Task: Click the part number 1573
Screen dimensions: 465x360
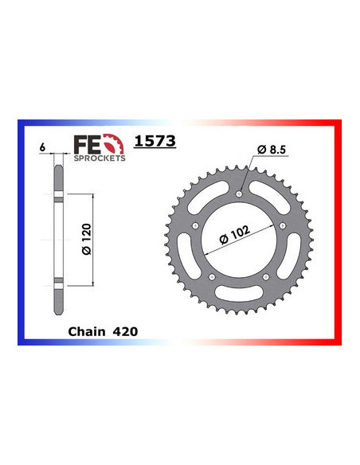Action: [x=155, y=142]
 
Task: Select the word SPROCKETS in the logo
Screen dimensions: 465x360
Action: [x=99, y=159]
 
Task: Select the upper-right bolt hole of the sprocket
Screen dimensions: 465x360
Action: [x=283, y=225]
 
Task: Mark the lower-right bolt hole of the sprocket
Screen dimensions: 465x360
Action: [x=265, y=276]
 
